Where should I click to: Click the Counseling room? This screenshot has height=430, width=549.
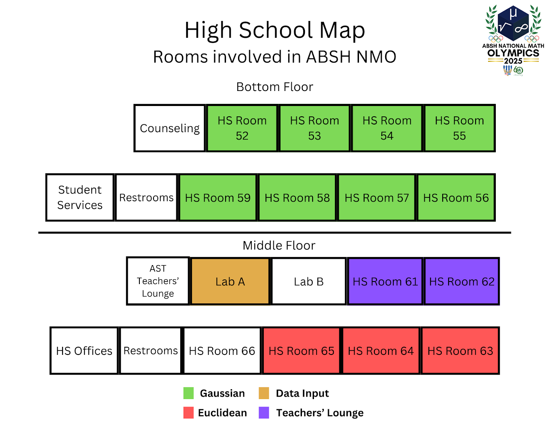(169, 128)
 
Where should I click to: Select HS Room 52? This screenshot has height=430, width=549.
(242, 128)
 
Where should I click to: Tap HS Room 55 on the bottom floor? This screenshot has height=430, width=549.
(459, 128)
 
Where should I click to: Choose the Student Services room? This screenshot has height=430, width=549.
(80, 197)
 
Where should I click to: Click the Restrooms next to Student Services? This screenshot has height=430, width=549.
(146, 197)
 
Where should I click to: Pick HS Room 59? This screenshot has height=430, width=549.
(217, 197)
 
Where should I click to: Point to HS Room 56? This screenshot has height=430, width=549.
(456, 197)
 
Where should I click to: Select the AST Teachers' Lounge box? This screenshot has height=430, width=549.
(158, 281)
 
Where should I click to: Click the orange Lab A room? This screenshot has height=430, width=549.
(230, 282)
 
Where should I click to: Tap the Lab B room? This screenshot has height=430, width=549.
(308, 282)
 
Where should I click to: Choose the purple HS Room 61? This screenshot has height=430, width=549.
(385, 282)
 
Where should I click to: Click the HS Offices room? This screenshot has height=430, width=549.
(84, 351)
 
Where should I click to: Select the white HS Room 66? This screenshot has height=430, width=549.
(222, 351)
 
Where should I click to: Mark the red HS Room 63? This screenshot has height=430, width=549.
(460, 351)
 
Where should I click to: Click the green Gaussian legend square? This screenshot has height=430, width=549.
(189, 393)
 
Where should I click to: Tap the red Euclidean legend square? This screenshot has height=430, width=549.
(189, 413)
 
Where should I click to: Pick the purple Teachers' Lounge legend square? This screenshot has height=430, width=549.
(264, 413)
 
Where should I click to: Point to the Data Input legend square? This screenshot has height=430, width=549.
(264, 393)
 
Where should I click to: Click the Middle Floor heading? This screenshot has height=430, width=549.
(279, 245)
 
